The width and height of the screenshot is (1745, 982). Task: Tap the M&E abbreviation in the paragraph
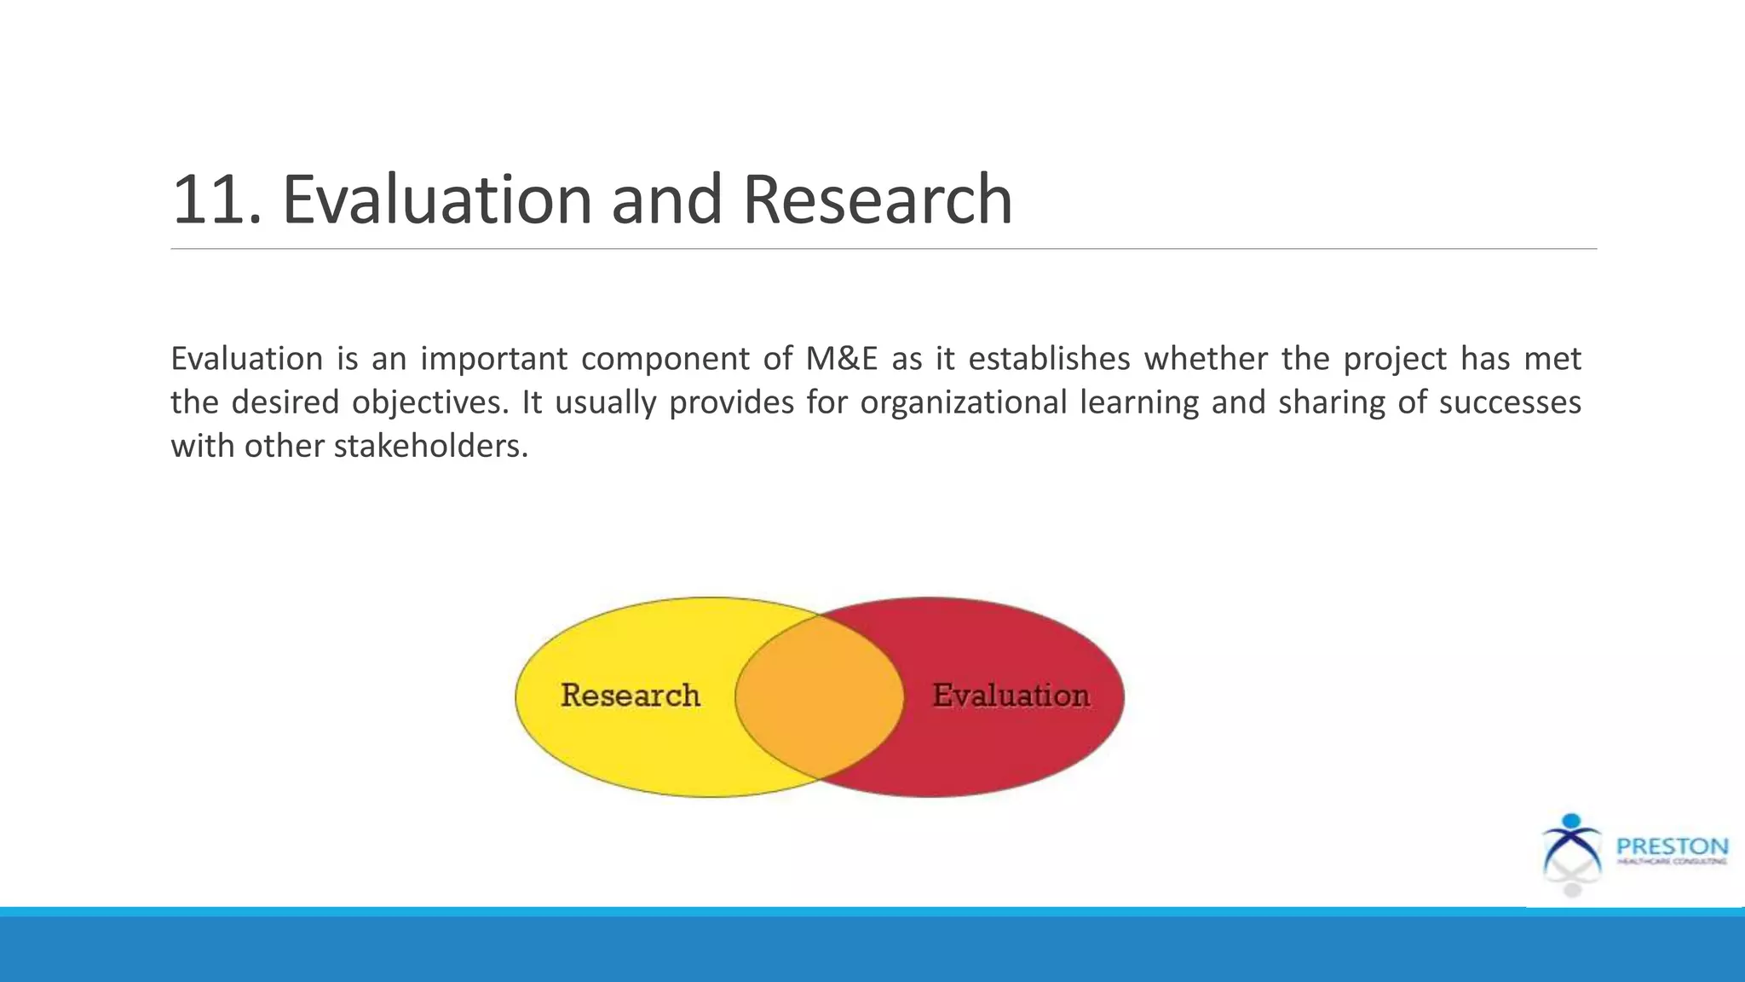(841, 359)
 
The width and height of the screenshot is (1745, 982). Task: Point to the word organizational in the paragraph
(963, 402)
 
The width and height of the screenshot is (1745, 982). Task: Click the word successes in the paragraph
(1510, 402)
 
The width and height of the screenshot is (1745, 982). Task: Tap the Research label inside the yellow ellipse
(631, 696)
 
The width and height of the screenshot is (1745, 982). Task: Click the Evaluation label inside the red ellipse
(1011, 696)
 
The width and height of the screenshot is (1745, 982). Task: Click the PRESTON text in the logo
(1672, 847)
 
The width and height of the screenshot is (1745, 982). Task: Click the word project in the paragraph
(1395, 359)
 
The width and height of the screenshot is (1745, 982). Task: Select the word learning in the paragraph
(1139, 402)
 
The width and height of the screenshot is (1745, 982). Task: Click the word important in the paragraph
(493, 359)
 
